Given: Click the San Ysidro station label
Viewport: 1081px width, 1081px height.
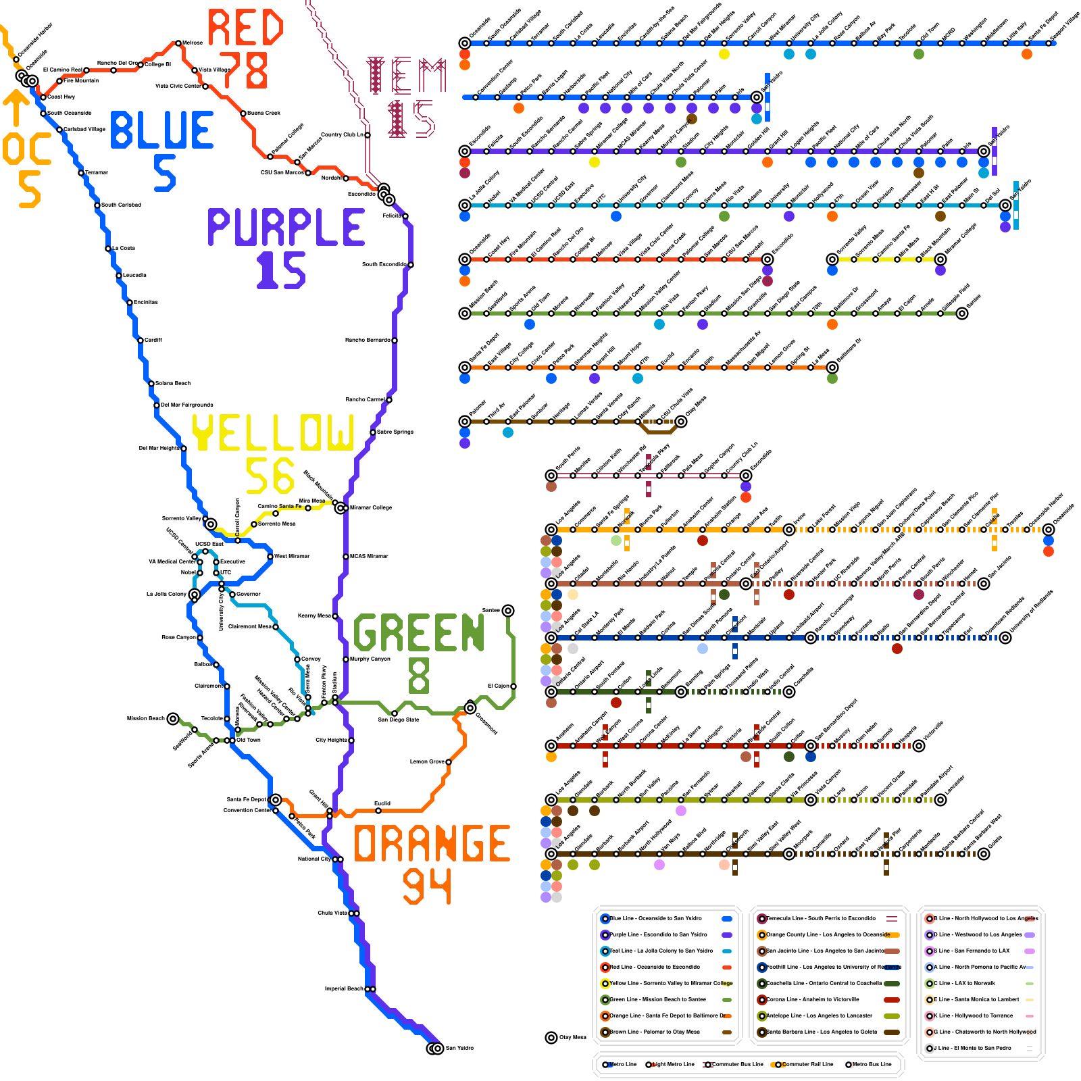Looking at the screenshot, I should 459,1048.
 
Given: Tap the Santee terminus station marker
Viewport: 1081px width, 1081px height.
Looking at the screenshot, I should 508,611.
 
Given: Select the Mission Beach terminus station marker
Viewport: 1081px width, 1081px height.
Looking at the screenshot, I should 173,719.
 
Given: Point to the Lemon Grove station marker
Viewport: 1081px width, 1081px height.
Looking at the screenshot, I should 449,762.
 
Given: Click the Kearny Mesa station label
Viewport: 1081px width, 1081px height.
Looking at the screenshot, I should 314,615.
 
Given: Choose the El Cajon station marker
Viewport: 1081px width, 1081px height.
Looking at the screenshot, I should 513,686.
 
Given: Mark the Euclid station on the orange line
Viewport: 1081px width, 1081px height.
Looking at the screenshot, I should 378,811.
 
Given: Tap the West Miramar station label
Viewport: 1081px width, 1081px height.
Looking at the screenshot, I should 292,556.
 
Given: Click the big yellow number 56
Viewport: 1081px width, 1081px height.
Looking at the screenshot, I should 270,476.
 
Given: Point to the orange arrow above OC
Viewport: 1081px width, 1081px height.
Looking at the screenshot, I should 16,108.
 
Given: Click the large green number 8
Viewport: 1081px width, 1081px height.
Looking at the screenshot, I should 419,676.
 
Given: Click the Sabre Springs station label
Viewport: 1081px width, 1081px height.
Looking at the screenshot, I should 395,432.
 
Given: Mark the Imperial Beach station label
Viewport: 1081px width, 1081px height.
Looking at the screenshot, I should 344,988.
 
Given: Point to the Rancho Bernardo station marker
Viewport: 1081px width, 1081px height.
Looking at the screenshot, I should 395,341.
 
